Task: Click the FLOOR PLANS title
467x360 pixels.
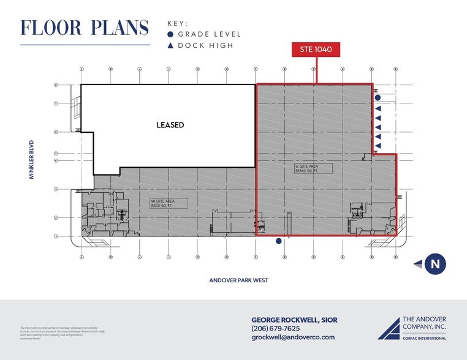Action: click(x=85, y=28)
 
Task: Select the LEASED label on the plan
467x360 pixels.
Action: click(x=170, y=125)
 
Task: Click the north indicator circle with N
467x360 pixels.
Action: click(x=435, y=264)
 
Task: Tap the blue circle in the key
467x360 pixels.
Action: click(x=170, y=35)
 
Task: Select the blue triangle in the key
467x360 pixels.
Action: click(x=170, y=45)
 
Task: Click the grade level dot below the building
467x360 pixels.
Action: click(x=278, y=241)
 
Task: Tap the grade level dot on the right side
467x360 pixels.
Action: click(x=378, y=97)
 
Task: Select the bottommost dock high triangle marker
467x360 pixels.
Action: click(x=378, y=146)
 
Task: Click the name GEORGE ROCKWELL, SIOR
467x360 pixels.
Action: click(x=294, y=320)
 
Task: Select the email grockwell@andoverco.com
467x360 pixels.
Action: click(x=293, y=337)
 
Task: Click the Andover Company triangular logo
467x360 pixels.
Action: click(x=388, y=328)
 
